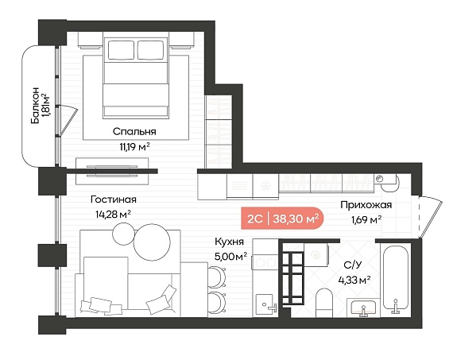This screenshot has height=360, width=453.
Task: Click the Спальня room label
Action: [134, 132]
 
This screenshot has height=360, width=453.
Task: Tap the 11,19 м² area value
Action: [134, 147]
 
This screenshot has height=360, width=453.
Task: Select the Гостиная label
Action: [113, 199]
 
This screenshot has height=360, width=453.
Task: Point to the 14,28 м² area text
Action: [113, 215]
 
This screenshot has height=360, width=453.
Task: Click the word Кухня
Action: [230, 242]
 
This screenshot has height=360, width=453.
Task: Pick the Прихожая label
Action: [366, 205]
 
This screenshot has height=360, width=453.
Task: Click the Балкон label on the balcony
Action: [35, 105]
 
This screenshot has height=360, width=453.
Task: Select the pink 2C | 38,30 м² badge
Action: [283, 219]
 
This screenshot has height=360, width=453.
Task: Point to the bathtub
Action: [396, 279]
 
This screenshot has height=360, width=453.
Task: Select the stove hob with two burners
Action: [265, 262]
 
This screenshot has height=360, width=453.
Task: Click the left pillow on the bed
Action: [121, 50]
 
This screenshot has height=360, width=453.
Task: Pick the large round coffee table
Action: [152, 242]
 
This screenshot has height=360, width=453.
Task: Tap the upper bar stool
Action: [216, 277]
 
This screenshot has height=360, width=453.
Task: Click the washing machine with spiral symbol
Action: [316, 255]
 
